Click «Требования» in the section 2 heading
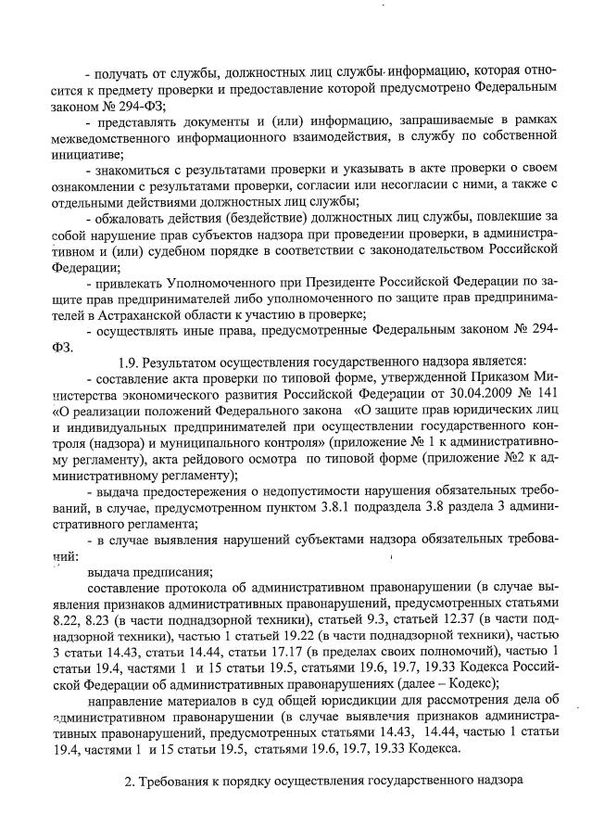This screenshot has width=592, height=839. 183,782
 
